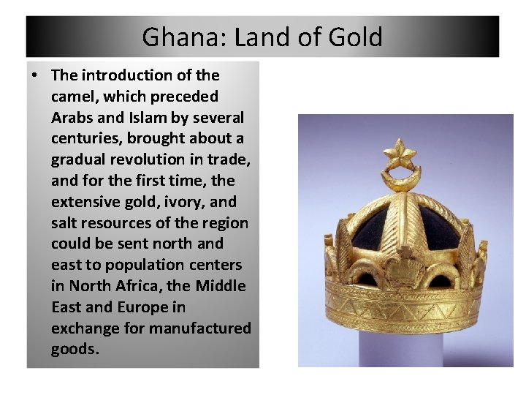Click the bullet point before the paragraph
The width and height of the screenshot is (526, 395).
pos(36,75)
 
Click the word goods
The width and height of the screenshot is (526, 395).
pos(73,349)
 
